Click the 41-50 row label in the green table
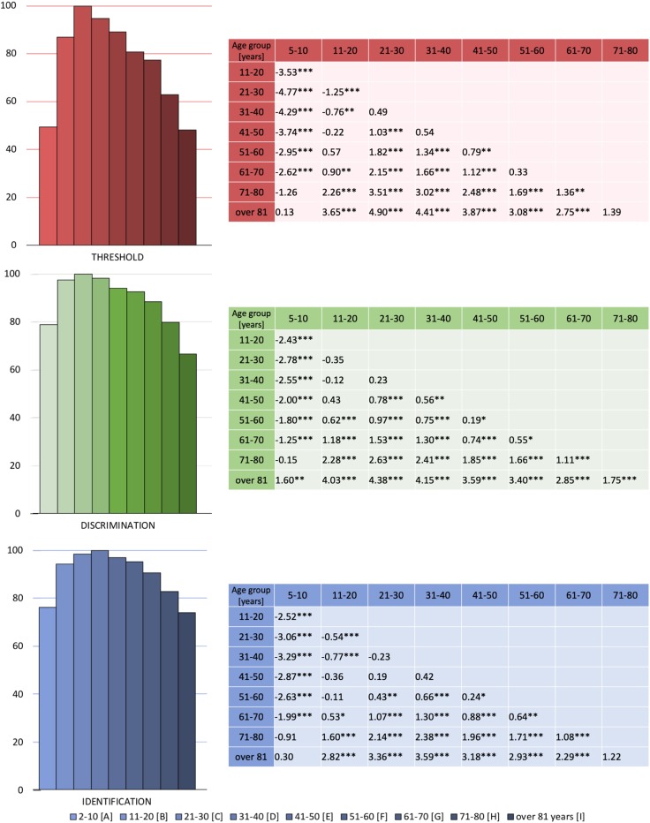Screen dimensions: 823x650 251,398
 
